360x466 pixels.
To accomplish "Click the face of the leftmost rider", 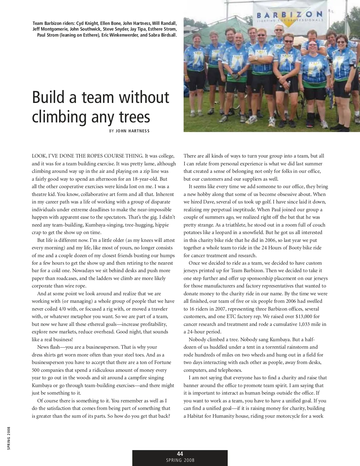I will (x=199, y=39).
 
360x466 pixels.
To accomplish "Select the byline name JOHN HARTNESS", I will (x=132, y=131).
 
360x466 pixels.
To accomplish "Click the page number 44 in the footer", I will (x=180, y=453).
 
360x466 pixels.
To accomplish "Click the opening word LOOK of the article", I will (x=39, y=156).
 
